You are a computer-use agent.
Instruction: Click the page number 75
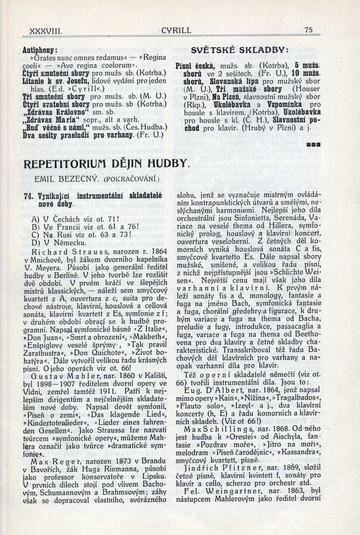308,30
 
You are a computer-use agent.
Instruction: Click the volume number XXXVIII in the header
45,31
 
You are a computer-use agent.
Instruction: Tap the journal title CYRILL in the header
176,31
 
